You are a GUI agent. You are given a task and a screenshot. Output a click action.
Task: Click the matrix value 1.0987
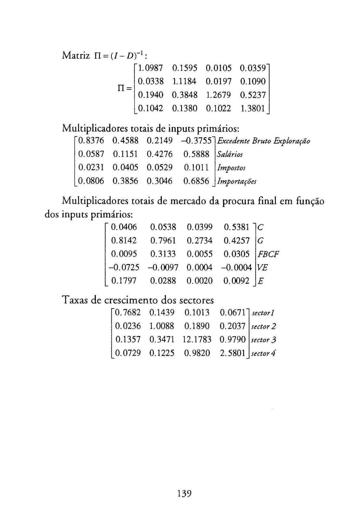[x=150, y=68]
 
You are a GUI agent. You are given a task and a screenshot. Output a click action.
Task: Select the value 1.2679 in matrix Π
[x=218, y=95]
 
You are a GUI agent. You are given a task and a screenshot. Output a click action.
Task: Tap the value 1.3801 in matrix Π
[x=253, y=108]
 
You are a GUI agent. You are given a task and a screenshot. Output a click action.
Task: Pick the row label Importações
[x=237, y=181]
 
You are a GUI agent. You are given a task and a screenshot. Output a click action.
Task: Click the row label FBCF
[x=268, y=254]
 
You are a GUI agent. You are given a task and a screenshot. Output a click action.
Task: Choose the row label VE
[x=262, y=268]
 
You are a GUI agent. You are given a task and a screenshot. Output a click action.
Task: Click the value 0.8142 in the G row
[x=124, y=241]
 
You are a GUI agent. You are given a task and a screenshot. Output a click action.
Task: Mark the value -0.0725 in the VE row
[x=124, y=268]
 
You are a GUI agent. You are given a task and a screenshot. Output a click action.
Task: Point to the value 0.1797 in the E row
[x=124, y=281]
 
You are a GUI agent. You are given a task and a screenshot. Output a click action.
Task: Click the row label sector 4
[x=263, y=353]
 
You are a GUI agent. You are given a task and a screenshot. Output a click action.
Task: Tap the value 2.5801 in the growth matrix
[x=232, y=353]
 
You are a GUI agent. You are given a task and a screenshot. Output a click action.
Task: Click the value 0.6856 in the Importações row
[x=196, y=181]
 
